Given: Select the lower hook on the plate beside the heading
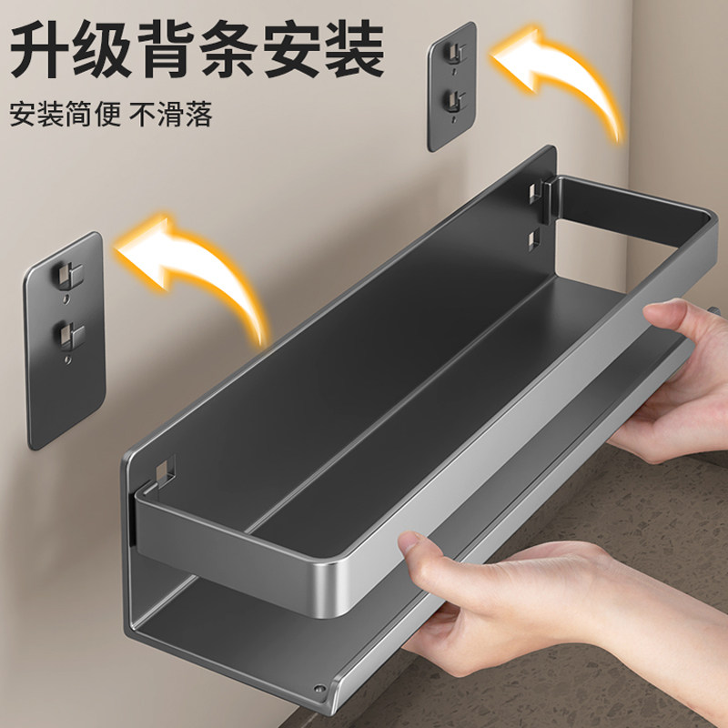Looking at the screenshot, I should pyautogui.click(x=452, y=98).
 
